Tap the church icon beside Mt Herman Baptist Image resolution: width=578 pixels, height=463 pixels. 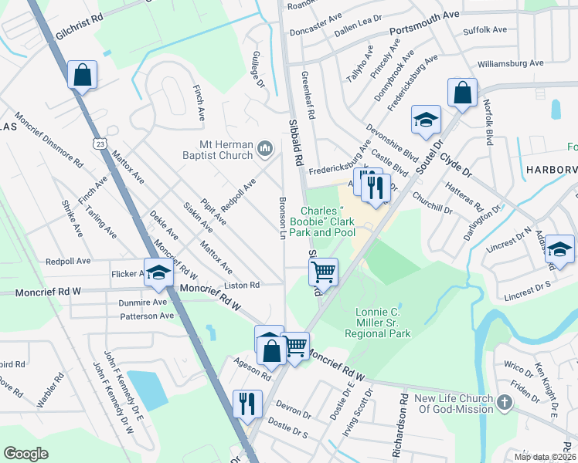265,147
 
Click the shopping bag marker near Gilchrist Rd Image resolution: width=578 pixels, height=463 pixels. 82,76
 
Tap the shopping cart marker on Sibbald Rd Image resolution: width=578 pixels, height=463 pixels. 323,271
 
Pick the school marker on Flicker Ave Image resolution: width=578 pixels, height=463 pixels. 158,273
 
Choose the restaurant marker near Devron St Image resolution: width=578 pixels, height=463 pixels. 247,404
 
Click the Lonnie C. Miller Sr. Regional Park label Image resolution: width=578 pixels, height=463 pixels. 382,323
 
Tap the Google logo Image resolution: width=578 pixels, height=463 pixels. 26,454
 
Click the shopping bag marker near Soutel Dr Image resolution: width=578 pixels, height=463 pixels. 461,93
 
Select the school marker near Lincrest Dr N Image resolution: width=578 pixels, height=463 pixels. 559,250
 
